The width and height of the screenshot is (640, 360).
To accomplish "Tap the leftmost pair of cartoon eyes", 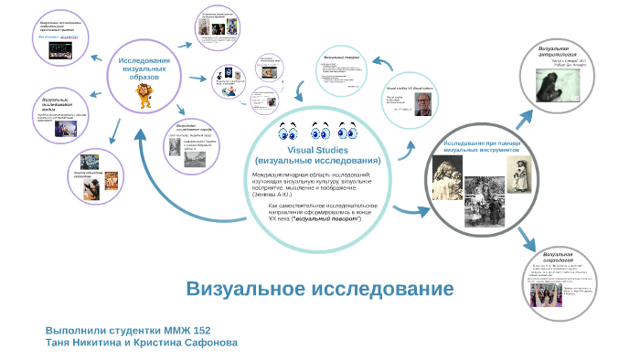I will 286,129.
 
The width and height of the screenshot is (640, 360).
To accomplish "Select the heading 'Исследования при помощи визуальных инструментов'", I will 482,147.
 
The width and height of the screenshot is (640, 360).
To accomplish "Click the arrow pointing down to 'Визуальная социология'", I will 528,239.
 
